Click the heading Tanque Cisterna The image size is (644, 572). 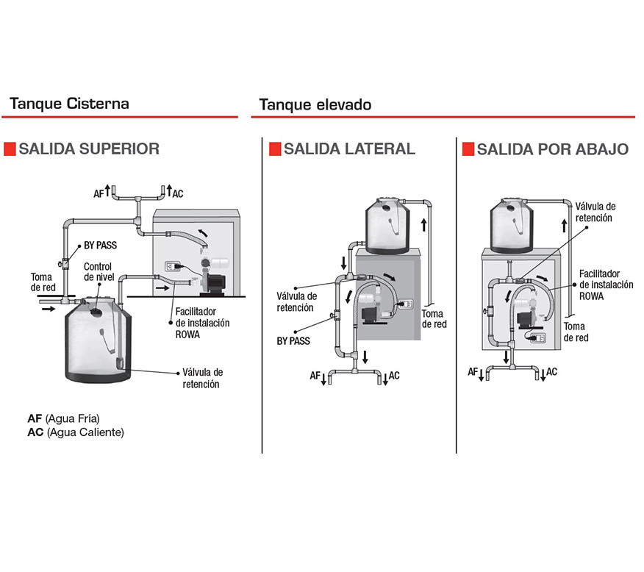tap(69, 103)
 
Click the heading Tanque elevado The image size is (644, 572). tap(315, 104)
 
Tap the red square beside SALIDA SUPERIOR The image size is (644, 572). tap(10, 149)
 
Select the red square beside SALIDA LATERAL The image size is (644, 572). tap(274, 149)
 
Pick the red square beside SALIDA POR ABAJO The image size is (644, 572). tap(468, 149)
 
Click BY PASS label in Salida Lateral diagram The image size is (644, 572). tap(293, 341)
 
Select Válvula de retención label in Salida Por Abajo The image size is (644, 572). tap(595, 212)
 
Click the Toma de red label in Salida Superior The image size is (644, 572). tap(42, 282)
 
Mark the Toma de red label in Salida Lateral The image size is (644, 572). tap(433, 318)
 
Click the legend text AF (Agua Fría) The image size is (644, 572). tap(63, 418)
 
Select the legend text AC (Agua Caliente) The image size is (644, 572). tap(76, 432)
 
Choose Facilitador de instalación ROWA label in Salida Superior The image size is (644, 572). tap(202, 323)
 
